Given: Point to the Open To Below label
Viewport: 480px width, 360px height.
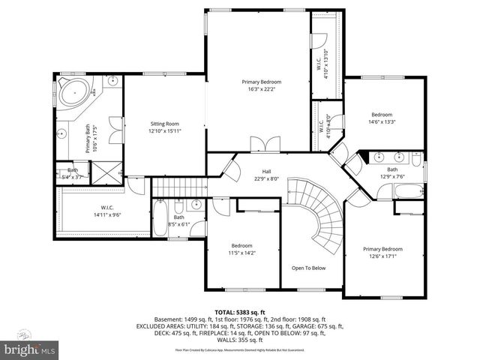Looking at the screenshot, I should click(x=308, y=268).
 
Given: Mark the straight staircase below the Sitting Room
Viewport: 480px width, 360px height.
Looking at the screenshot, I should click(x=179, y=186).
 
